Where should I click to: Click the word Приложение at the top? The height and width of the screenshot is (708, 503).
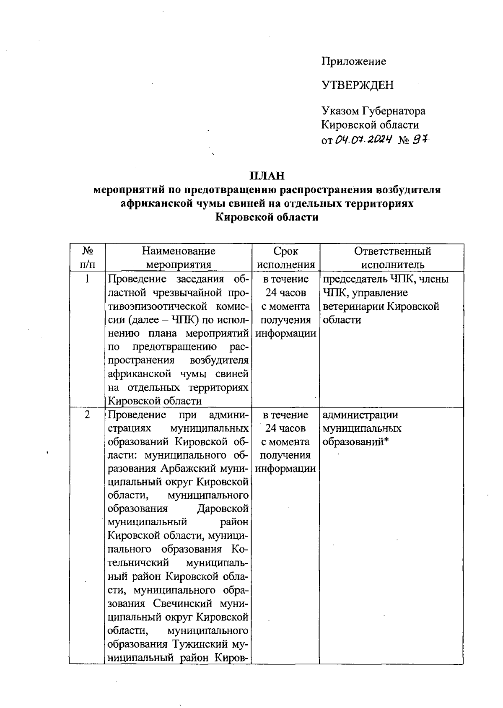[353, 62]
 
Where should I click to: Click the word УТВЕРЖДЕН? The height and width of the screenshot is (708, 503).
[357, 86]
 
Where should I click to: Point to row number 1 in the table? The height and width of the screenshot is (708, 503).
[87, 279]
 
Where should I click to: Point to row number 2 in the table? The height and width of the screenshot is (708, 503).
[87, 415]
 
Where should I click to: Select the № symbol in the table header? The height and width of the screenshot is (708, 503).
[87, 251]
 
